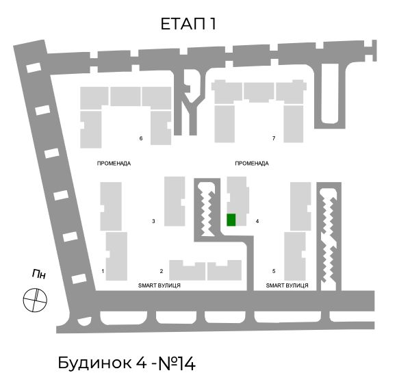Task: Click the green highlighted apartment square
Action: pyautogui.click(x=231, y=220)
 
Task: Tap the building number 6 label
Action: pyautogui.click(x=141, y=138)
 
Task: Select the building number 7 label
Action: pyautogui.click(x=274, y=138)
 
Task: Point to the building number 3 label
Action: pyautogui.click(x=153, y=221)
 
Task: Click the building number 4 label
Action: pyautogui.click(x=257, y=221)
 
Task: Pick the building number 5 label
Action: pyautogui.click(x=274, y=271)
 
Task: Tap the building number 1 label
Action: pyautogui.click(x=103, y=271)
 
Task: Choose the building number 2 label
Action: pyautogui.click(x=162, y=271)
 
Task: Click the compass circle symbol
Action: pyautogui.click(x=35, y=300)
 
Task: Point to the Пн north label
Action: pyautogui.click(x=39, y=274)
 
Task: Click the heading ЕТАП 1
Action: pyautogui.click(x=188, y=24)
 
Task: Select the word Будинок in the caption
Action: pyautogui.click(x=95, y=363)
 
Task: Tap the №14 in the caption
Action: pyautogui.click(x=177, y=363)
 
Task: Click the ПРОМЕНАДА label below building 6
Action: pyautogui.click(x=114, y=164)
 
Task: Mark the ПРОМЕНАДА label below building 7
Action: pyautogui.click(x=252, y=164)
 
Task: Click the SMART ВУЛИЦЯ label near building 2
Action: pyautogui.click(x=159, y=285)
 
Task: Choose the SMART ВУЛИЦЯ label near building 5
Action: pyautogui.click(x=287, y=285)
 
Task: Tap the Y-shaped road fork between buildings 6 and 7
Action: pyautogui.click(x=189, y=101)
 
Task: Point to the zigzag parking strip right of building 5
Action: pyautogui.click(x=329, y=237)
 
